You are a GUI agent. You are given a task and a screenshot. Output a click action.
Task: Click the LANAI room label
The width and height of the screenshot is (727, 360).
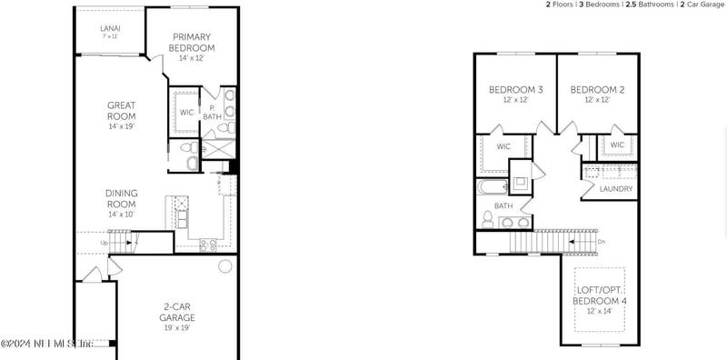click(110, 29)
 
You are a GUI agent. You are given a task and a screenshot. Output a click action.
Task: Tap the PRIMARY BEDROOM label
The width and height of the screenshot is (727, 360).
click(192, 42)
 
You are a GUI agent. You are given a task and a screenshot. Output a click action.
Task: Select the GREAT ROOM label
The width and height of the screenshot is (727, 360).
click(121, 111)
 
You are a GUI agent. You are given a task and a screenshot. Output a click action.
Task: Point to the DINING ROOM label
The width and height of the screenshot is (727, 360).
click(121, 197)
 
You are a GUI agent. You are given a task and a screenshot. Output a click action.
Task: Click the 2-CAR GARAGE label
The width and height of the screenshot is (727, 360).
click(178, 313)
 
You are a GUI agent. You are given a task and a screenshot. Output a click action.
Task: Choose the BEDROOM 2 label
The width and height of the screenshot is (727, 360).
click(597, 90)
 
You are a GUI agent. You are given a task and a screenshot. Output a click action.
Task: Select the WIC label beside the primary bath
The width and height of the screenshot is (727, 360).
click(186, 113)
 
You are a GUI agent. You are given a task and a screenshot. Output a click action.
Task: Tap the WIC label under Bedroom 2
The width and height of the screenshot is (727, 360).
click(617, 145)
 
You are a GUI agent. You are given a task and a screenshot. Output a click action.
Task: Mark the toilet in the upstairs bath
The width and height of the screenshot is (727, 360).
click(487, 218)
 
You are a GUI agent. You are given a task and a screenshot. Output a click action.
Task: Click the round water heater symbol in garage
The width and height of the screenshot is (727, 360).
click(224, 266)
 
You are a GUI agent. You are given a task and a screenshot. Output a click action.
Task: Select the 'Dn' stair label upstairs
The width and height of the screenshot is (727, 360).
click(601, 242)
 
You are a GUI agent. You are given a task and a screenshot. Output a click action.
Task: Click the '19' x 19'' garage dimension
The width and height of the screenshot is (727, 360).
click(178, 328)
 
